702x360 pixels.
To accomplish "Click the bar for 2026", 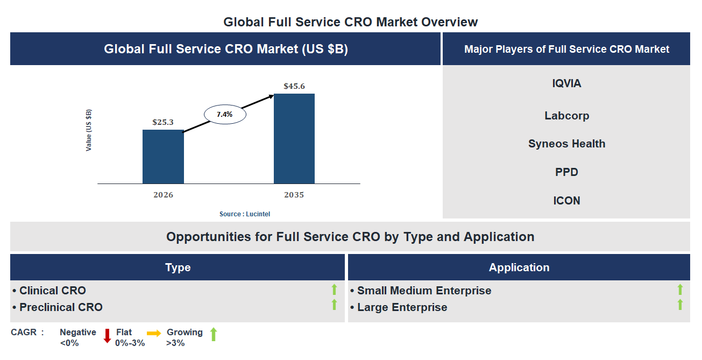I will point(163,157).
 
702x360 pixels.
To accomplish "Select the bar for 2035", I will point(294,138).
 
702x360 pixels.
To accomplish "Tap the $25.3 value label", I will point(163,122).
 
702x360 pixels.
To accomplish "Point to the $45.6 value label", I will point(294,86).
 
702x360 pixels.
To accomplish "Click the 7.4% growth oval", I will point(224,114).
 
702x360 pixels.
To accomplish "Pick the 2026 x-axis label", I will point(163,195).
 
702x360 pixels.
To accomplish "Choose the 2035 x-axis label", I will point(294,195).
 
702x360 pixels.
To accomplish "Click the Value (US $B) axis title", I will point(89,130).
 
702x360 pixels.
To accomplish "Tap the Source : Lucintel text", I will point(245,214).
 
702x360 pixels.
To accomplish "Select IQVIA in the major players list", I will point(566,83).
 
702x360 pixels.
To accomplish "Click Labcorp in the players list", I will point(566,116).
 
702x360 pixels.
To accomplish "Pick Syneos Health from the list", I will point(566,144).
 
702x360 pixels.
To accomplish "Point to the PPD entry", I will point(566,172).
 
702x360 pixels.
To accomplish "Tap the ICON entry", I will point(566,201).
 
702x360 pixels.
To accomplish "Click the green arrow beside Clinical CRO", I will point(334,290).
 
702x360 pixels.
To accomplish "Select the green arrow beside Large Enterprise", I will point(680,305).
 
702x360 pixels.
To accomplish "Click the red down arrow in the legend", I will point(107,336).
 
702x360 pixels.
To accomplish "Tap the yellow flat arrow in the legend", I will point(154,334).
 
